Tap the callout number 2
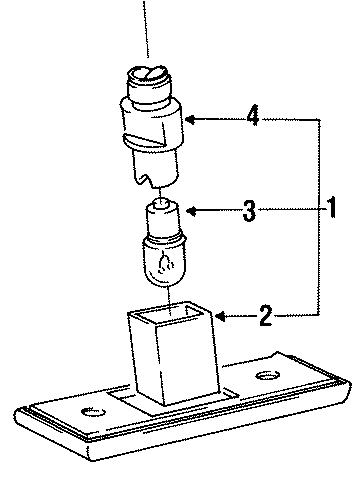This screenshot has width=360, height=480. point(265,319)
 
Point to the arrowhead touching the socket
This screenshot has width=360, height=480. point(189,120)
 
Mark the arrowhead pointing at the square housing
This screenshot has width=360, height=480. point(215,319)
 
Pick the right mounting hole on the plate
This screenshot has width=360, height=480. point(266,376)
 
